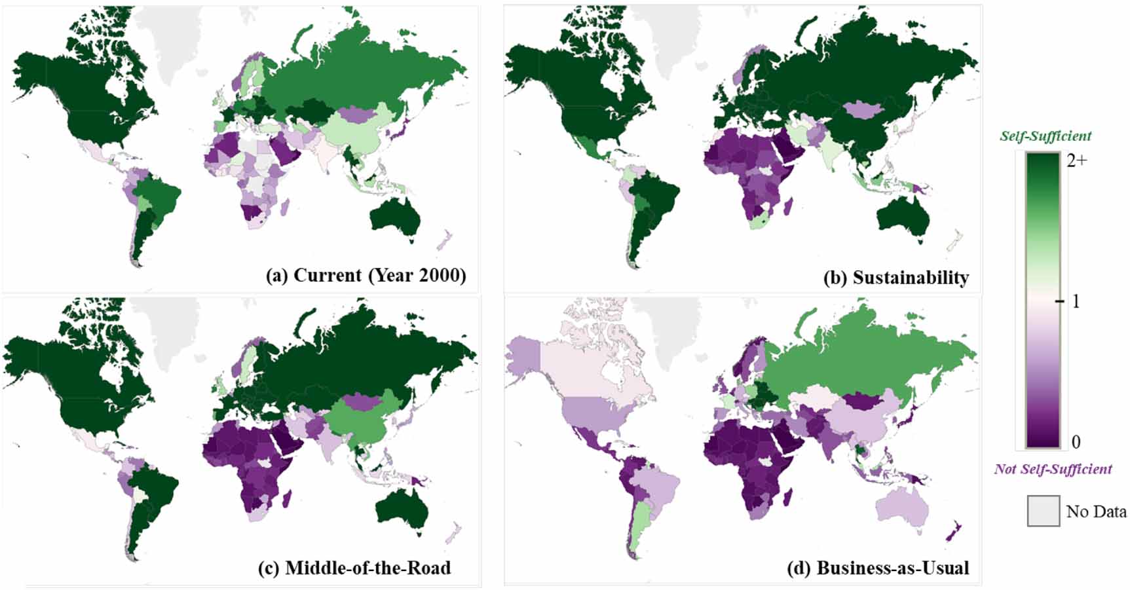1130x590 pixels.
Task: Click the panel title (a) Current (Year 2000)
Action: pyautogui.click(x=366, y=275)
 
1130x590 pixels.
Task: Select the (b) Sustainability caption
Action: pyautogui.click(x=895, y=278)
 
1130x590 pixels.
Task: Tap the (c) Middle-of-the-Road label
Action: pyautogui.click(x=354, y=568)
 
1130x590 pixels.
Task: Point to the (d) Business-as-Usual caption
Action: pyautogui.click(x=878, y=568)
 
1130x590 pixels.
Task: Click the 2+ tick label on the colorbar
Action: pyautogui.click(x=1077, y=160)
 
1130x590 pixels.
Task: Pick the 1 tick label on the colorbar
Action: pyautogui.click(x=1075, y=302)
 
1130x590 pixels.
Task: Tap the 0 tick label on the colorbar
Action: pyautogui.click(x=1076, y=442)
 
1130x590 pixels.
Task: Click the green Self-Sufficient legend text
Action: pyautogui.click(x=1045, y=136)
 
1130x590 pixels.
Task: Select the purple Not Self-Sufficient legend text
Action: pyautogui.click(x=1053, y=469)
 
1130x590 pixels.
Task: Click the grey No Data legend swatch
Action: pyautogui.click(x=1043, y=511)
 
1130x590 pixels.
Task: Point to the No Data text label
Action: pyautogui.click(x=1096, y=511)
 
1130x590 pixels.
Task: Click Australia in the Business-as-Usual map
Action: pyautogui.click(x=903, y=507)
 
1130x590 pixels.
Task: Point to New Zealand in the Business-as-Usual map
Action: pyautogui.click(x=952, y=532)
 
